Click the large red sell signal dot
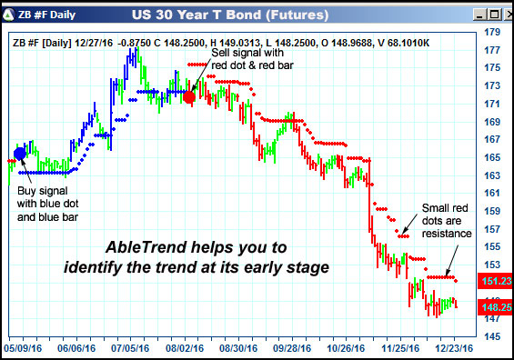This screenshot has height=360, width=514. click(189, 96)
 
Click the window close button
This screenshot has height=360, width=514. click(503, 14)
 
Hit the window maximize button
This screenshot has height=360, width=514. click(487, 14)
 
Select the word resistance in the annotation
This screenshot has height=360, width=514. click(446, 234)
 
